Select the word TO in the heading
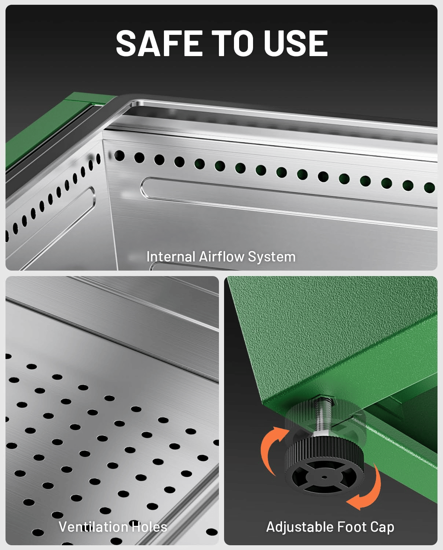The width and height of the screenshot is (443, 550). coord(233,43)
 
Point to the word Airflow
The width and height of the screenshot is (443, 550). coord(221,257)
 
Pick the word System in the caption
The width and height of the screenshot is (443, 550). coord(272,257)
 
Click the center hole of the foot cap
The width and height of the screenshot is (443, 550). coord(324,477)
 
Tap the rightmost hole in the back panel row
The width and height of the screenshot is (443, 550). coord(429,188)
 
